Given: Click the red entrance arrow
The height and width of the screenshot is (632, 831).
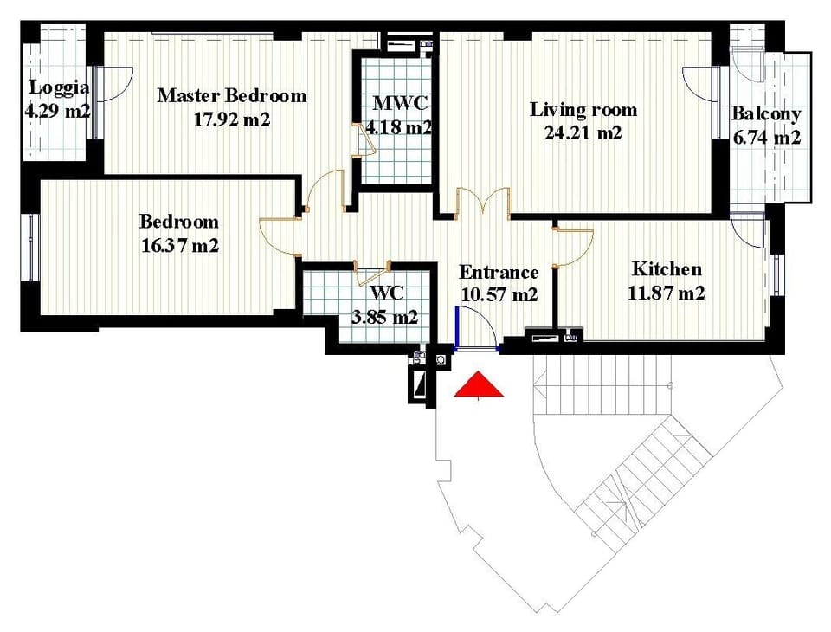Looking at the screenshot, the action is pyautogui.click(x=479, y=384).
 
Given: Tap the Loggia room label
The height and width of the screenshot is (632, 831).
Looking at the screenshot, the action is pyautogui.click(x=59, y=87).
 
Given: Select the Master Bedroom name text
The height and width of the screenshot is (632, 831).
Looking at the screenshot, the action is pyautogui.click(x=232, y=95).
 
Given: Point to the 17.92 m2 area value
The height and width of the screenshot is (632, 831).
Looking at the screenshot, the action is pyautogui.click(x=232, y=119).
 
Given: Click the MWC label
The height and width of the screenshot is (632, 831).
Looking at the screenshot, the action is pyautogui.click(x=400, y=102).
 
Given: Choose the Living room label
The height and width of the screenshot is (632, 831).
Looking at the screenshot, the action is pyautogui.click(x=583, y=110).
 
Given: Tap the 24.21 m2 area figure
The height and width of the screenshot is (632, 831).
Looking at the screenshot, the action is pyautogui.click(x=583, y=132).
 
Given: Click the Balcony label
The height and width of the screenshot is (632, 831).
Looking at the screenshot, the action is pyautogui.click(x=766, y=113).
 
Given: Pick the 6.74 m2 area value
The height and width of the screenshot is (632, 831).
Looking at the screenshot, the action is pyautogui.click(x=766, y=138).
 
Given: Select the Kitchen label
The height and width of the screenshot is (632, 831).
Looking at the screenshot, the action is pyautogui.click(x=667, y=268).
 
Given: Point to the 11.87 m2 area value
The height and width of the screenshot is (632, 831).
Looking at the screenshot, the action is pyautogui.click(x=667, y=293).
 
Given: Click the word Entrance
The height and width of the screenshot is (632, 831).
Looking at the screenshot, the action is pyautogui.click(x=499, y=272).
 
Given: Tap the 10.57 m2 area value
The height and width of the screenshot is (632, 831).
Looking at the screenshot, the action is pyautogui.click(x=499, y=294).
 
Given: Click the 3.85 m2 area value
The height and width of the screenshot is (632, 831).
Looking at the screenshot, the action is pyautogui.click(x=385, y=317).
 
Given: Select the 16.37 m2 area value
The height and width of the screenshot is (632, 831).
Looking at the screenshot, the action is pyautogui.click(x=180, y=246).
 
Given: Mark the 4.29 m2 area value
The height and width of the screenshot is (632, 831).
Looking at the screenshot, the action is pyautogui.click(x=57, y=112).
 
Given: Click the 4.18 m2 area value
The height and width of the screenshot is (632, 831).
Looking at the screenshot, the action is pyautogui.click(x=399, y=127).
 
